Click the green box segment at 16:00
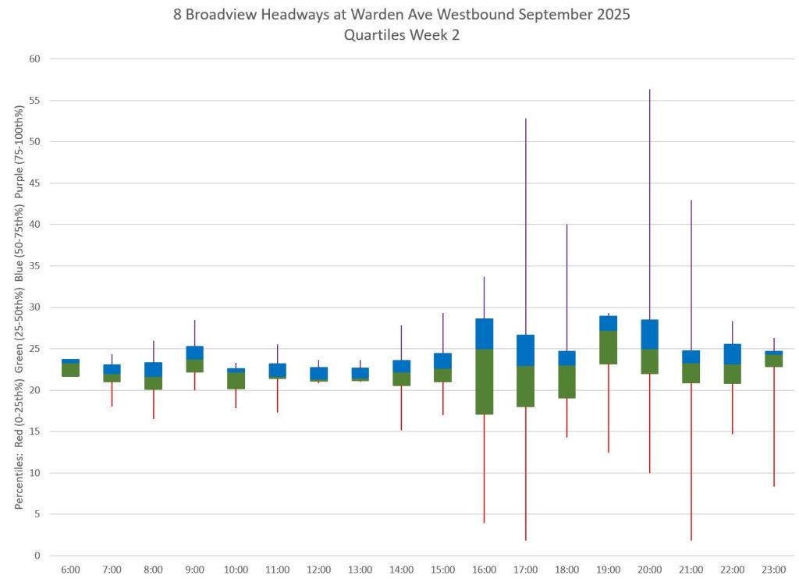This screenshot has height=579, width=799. click(x=484, y=382)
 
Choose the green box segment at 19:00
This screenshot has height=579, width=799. click(x=608, y=347)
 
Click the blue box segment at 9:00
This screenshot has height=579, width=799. click(x=194, y=353)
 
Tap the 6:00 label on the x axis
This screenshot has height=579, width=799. click(x=70, y=570)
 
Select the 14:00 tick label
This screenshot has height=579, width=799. click(x=401, y=570)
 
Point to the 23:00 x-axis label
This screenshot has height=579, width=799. click(x=773, y=570)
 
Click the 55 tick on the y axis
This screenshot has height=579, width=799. click(x=34, y=101)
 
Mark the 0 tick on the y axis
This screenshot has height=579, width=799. click(x=37, y=556)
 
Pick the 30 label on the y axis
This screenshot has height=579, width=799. click(x=34, y=307)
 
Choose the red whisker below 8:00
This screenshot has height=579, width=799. click(x=153, y=403)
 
